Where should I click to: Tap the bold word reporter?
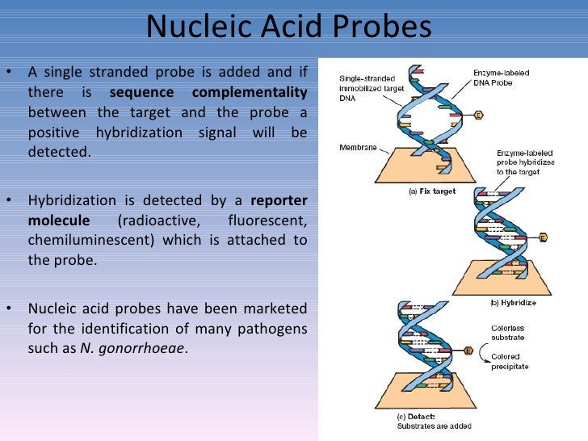click(x=279, y=199)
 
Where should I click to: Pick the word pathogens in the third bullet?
click(x=271, y=329)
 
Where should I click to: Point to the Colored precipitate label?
click(x=510, y=361)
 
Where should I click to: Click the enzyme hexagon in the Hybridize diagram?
click(x=543, y=237)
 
